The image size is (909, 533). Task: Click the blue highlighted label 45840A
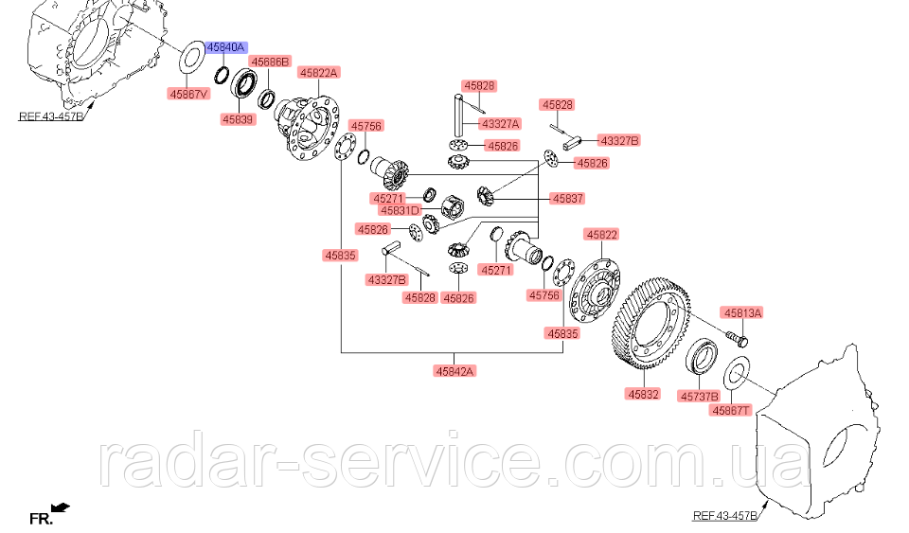tap(226, 46)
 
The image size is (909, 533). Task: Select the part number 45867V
tap(189, 94)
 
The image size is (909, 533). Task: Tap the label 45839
tap(239, 119)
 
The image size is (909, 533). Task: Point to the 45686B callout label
tap(270, 61)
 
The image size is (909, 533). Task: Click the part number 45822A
tap(319, 72)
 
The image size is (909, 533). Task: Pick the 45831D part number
tap(401, 210)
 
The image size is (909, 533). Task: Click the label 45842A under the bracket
tap(455, 371)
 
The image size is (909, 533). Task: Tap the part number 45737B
tap(700, 398)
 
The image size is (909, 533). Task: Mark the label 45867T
tap(732, 411)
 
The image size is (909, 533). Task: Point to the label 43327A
tap(501, 123)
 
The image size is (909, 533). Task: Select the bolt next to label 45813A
tap(737, 335)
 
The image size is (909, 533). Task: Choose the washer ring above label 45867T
tap(738, 376)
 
